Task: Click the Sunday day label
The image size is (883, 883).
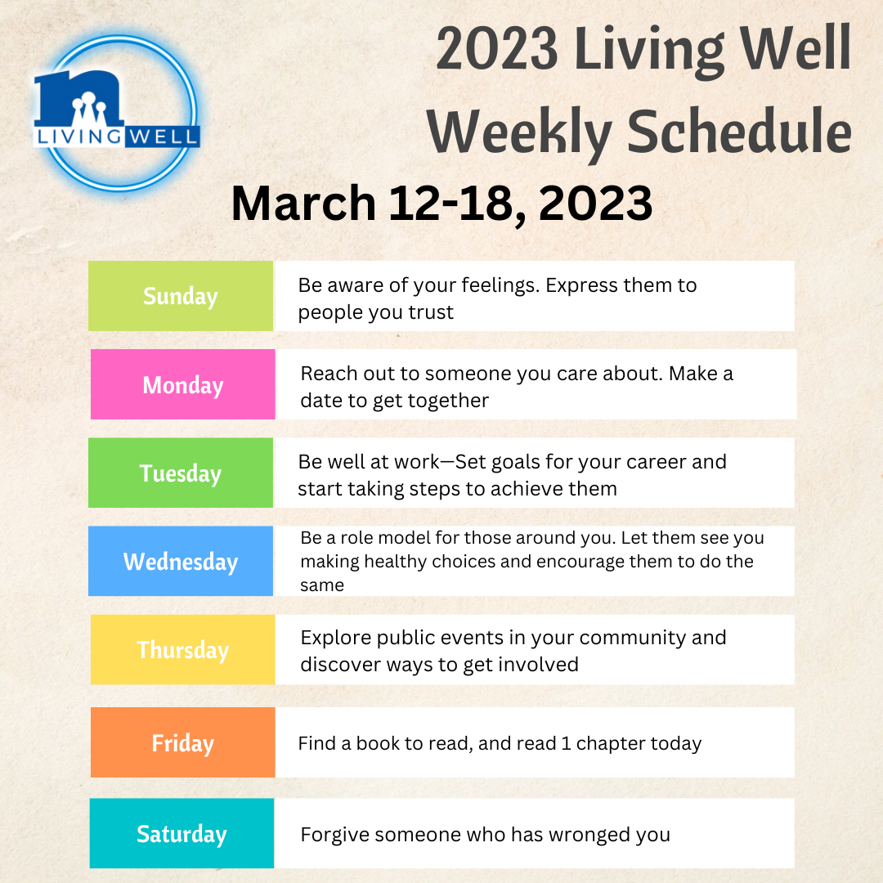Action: click(x=180, y=296)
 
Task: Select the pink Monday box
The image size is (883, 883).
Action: click(x=183, y=384)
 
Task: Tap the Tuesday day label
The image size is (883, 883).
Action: click(x=180, y=473)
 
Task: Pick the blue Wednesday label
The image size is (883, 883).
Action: click(x=180, y=561)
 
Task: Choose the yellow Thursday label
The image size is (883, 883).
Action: click(x=183, y=649)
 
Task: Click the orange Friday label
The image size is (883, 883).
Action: click(x=183, y=742)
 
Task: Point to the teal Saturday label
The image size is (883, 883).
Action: click(x=182, y=833)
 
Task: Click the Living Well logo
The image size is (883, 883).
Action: click(x=117, y=113)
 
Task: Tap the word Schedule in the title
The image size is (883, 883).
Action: click(x=739, y=132)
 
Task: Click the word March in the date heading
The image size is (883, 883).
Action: click(x=303, y=203)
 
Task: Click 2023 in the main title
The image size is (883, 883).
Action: click(x=497, y=49)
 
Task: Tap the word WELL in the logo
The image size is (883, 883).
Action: click(x=162, y=137)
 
